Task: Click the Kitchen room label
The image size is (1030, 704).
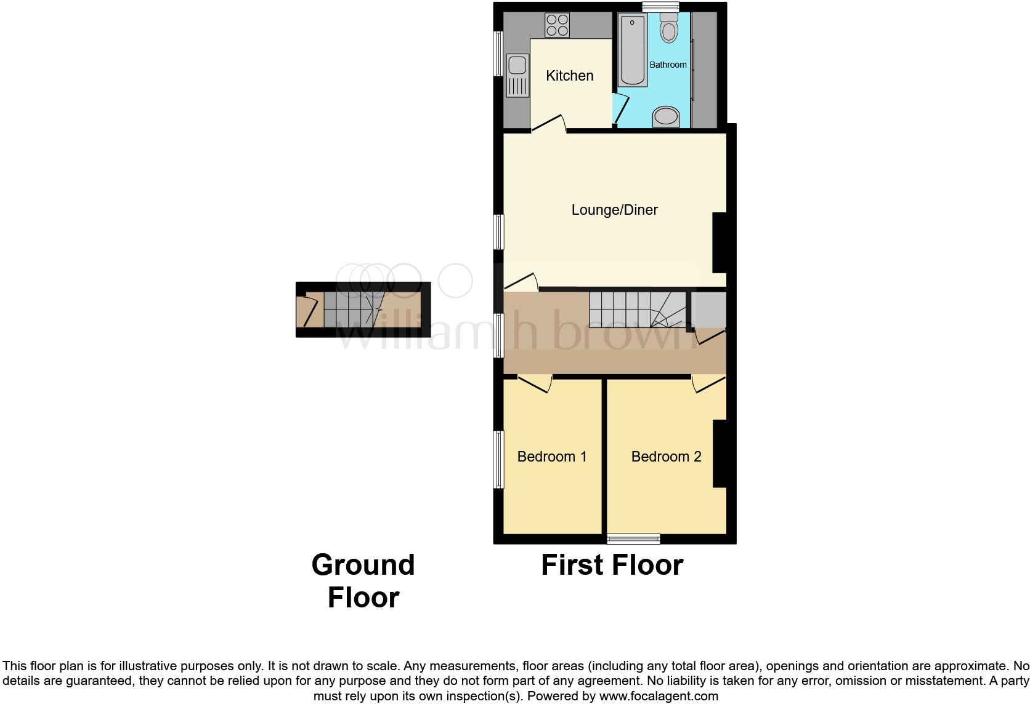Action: pyautogui.click(x=569, y=76)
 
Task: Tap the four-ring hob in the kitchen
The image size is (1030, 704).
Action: pyautogui.click(x=557, y=25)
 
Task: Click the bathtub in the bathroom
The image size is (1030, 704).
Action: pyautogui.click(x=633, y=50)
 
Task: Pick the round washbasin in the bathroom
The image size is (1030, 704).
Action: pyautogui.click(x=666, y=116)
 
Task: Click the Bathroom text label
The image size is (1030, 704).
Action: pyautogui.click(x=668, y=65)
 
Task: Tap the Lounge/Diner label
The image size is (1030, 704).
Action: pyautogui.click(x=614, y=210)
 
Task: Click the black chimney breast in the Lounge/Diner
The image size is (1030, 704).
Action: pyautogui.click(x=720, y=242)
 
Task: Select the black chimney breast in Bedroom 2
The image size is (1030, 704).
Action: pyautogui.click(x=720, y=454)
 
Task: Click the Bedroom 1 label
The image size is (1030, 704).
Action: pyautogui.click(x=551, y=457)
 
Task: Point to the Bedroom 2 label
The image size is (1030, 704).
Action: pyautogui.click(x=666, y=457)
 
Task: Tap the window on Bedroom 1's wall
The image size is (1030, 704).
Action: pyautogui.click(x=499, y=460)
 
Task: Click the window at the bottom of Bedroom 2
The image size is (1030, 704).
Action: pyautogui.click(x=633, y=539)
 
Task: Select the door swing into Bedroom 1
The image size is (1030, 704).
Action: pyautogui.click(x=535, y=384)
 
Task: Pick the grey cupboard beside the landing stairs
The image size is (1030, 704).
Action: pyautogui.click(x=708, y=310)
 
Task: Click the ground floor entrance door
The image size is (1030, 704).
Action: pyautogui.click(x=306, y=311)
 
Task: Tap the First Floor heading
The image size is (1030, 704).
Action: pyautogui.click(x=612, y=565)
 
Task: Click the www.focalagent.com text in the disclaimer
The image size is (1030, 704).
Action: pyautogui.click(x=658, y=697)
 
